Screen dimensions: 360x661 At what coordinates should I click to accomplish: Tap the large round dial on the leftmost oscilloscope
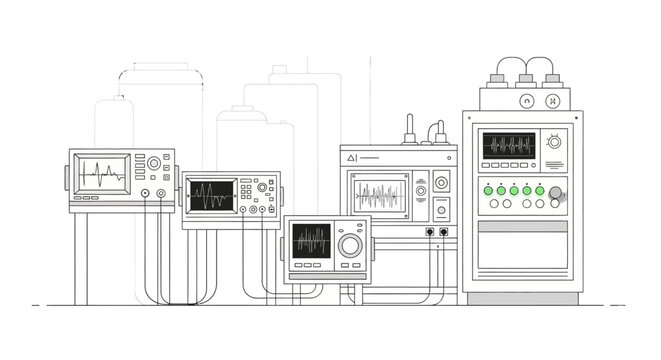pos(152,162)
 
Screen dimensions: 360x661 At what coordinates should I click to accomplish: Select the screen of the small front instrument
pos(311,241)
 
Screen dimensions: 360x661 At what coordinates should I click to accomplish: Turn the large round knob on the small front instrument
pos(349,245)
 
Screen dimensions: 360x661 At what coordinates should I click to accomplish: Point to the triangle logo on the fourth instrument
pos(351,157)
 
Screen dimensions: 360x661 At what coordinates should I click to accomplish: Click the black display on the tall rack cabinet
pos(509,145)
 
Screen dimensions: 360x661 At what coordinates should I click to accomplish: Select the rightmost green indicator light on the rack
pos(540,190)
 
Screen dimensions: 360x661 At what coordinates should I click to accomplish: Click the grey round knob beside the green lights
pos(557,193)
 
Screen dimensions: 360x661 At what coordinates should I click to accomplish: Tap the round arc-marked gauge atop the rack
pos(525,101)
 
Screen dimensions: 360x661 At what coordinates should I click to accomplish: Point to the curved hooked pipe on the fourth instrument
pos(437,131)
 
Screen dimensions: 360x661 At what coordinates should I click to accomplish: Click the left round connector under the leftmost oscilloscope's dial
pos(146,192)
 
